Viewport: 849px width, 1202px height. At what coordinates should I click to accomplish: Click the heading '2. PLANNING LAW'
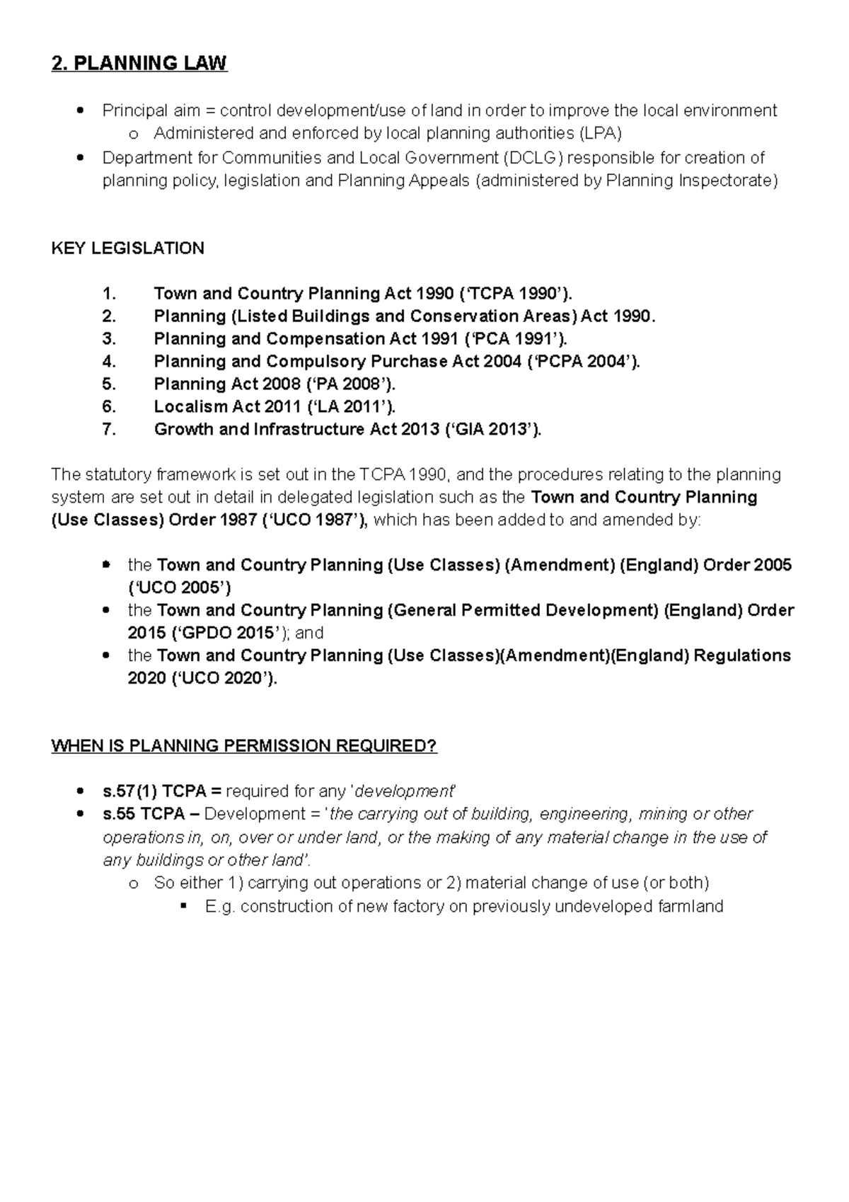tap(139, 64)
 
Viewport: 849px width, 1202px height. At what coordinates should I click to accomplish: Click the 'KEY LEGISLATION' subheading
tap(128, 248)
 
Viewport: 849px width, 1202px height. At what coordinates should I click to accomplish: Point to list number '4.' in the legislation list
tap(109, 361)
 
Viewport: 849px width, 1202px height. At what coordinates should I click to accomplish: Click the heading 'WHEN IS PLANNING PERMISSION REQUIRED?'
tap(244, 745)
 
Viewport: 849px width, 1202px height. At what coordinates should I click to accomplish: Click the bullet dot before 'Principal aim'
tap(83, 110)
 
